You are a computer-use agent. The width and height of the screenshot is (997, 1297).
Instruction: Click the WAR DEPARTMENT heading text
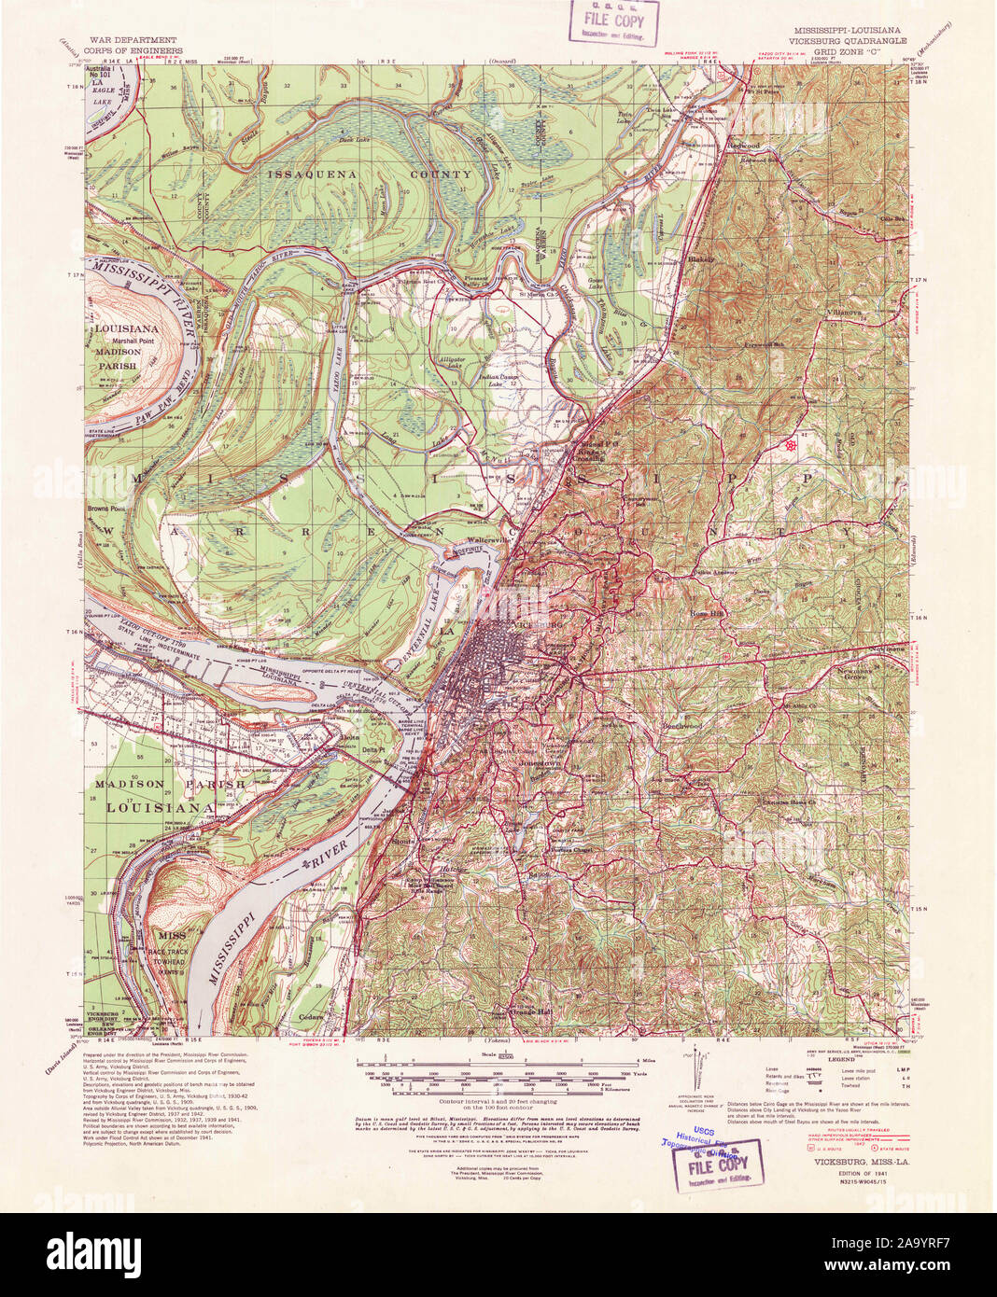133,41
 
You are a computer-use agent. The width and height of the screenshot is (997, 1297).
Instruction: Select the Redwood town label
747,146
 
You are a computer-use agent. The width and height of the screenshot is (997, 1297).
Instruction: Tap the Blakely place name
699,258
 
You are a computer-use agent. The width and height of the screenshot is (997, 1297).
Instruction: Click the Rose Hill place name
707,613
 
